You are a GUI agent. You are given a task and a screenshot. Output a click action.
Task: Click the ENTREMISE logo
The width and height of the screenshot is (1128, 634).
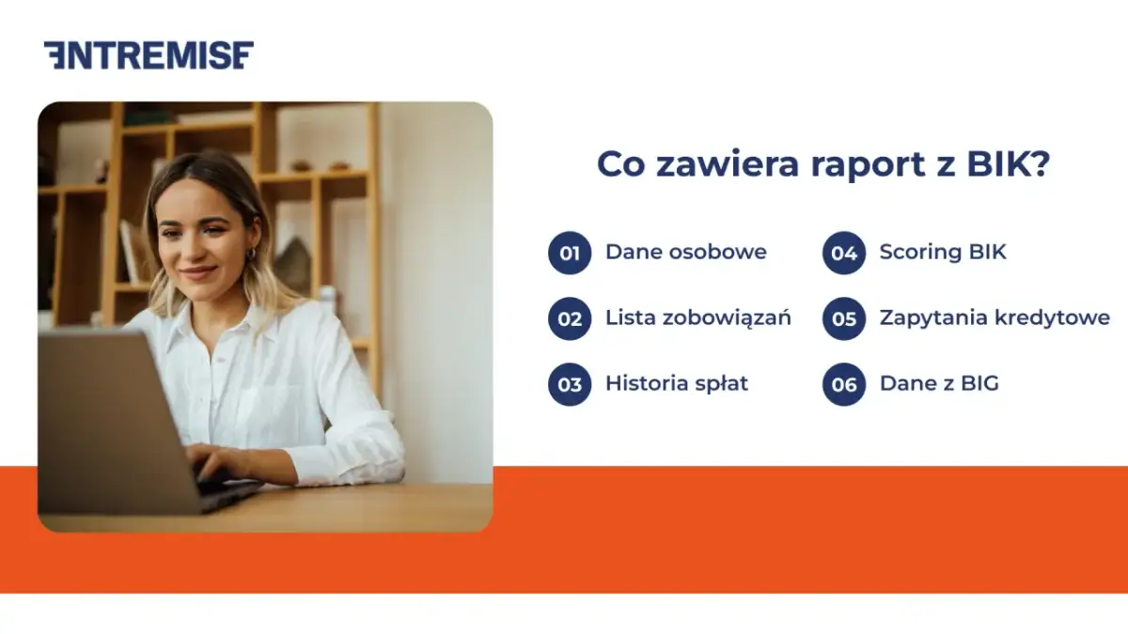point(149,55)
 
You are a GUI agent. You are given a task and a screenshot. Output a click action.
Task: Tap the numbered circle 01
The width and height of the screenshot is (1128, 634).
point(570,253)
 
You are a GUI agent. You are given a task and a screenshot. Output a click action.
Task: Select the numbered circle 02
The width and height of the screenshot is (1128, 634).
point(570,318)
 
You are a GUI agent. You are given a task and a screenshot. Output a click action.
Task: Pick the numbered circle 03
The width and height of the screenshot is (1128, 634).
point(570,384)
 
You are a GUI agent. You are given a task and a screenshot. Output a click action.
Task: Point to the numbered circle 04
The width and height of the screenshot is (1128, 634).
point(844,253)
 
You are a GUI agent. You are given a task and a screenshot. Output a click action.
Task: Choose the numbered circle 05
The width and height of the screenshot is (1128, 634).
point(844,318)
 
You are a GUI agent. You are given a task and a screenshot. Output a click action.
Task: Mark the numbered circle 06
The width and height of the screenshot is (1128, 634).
point(844,384)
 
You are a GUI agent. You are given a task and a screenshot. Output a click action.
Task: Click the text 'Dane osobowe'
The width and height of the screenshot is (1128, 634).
point(685,252)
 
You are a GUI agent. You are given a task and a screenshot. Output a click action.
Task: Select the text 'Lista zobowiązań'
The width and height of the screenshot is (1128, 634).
point(697,317)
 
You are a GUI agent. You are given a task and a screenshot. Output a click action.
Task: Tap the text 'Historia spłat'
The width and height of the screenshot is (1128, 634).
point(677,383)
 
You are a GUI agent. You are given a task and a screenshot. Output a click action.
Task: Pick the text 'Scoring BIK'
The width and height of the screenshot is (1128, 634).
point(943,252)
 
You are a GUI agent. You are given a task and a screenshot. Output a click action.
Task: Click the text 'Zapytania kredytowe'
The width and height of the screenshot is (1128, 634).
point(995,317)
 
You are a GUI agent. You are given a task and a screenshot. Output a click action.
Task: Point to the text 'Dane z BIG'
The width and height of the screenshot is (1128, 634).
point(939,383)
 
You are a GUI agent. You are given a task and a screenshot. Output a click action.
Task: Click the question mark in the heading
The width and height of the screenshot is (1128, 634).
point(1040,164)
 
